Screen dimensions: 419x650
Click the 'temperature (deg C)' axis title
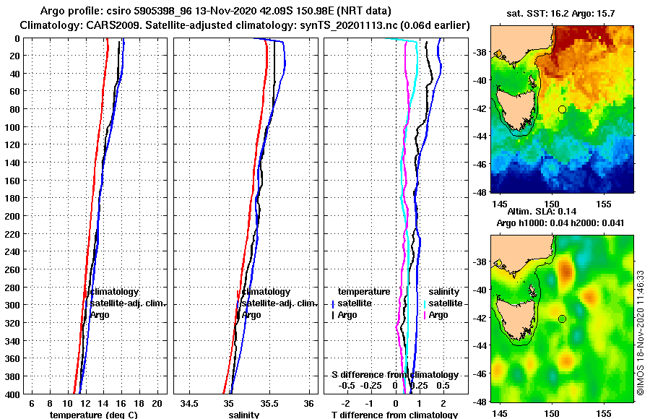[x=92, y=415]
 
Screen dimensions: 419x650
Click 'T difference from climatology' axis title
[x=394, y=415]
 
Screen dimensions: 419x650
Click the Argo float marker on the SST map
[x=562, y=109]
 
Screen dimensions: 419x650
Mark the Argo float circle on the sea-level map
[x=562, y=319]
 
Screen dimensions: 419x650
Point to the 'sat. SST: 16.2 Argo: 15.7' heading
[x=562, y=14]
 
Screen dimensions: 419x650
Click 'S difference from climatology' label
[x=394, y=375]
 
